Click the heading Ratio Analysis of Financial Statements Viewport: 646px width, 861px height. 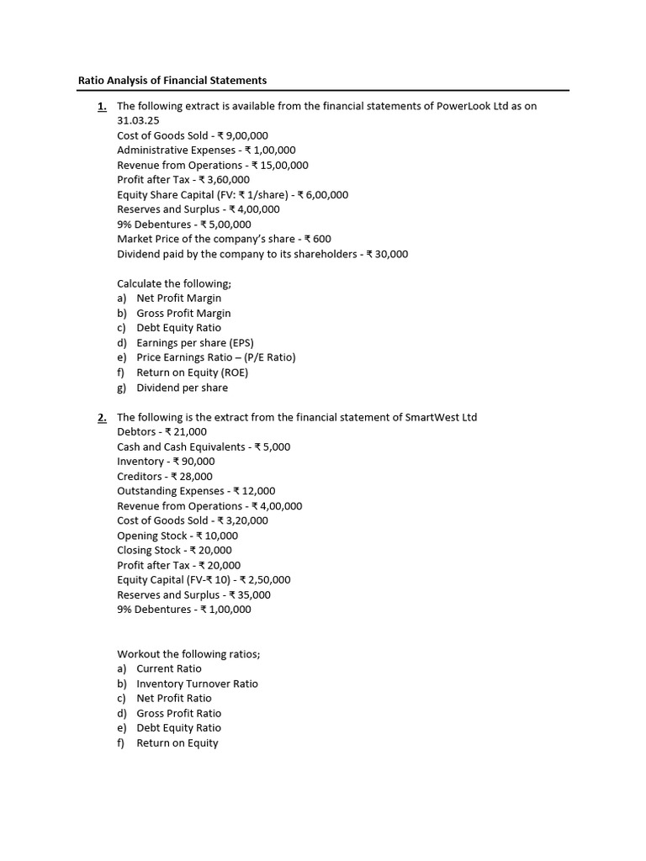point(172,80)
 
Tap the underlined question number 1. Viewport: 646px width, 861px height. point(102,106)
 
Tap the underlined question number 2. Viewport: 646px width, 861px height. point(102,417)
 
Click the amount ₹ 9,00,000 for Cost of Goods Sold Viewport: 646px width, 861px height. point(243,135)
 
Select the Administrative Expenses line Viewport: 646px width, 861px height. point(206,151)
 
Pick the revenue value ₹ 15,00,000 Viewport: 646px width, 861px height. point(279,166)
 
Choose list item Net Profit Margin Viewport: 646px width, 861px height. point(179,298)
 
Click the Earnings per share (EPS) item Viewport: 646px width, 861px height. point(195,343)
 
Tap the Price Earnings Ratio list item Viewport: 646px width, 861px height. point(216,357)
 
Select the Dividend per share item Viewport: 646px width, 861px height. point(183,388)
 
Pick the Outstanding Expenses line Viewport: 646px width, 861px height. point(196,491)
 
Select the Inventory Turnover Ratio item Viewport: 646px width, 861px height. point(198,684)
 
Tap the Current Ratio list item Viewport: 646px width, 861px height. point(169,668)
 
